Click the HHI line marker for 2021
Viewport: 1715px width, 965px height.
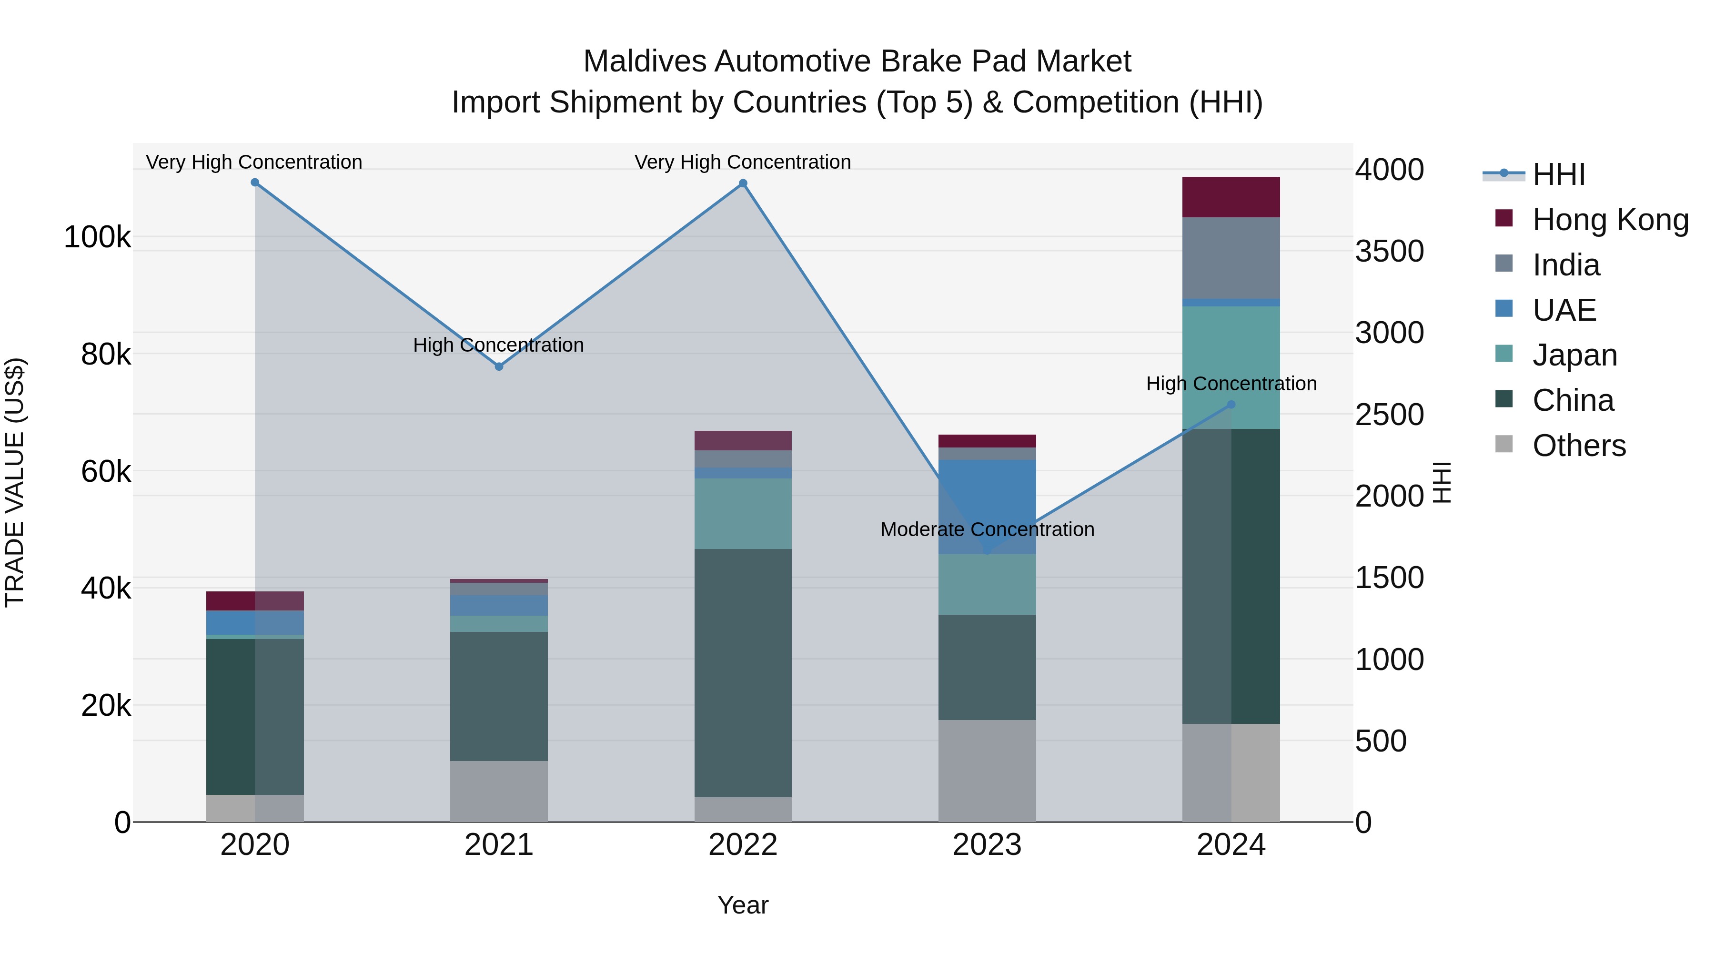[x=499, y=366]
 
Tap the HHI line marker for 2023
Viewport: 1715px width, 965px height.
[x=987, y=551]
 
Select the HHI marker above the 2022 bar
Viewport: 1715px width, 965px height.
[x=743, y=184]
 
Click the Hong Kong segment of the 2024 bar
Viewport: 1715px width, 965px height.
[x=1231, y=197]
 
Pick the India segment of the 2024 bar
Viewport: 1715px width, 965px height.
[x=1231, y=258]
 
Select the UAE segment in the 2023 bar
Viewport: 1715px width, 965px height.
[x=987, y=506]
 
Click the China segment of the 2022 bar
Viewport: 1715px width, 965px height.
[x=743, y=672]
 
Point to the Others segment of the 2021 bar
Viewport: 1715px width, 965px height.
[x=499, y=791]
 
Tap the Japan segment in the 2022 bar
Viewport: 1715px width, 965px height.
[x=743, y=513]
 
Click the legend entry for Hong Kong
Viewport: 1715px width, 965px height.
[x=1610, y=219]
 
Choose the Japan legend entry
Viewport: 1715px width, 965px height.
[x=1574, y=355]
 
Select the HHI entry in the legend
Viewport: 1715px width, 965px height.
[x=1558, y=174]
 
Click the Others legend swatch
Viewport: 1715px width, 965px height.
[x=1504, y=444]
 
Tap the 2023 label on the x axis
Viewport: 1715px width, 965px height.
[x=987, y=845]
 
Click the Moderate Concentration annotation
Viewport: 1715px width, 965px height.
[x=987, y=529]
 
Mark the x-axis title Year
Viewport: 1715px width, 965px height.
[x=743, y=905]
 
